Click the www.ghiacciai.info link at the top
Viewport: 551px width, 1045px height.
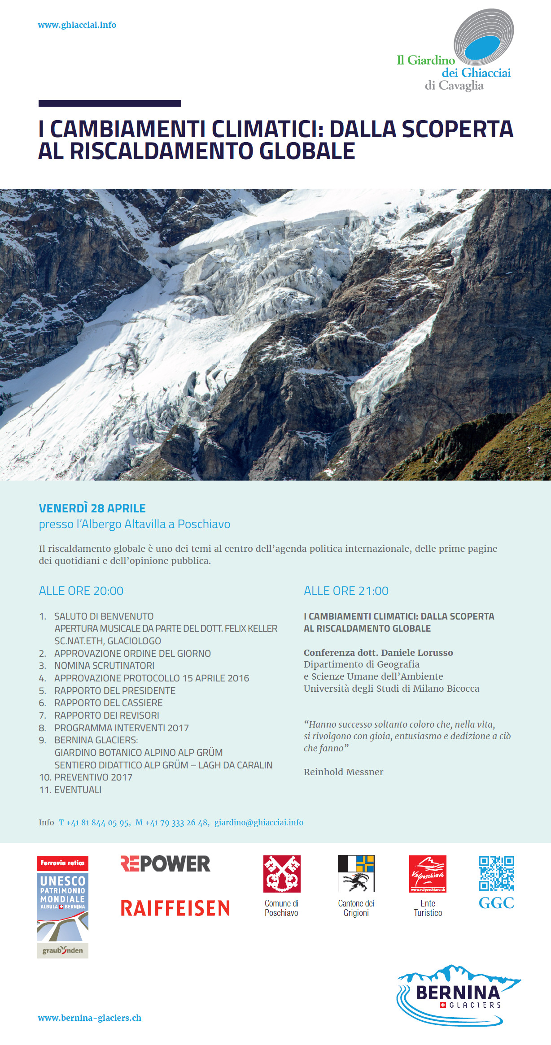coord(77,25)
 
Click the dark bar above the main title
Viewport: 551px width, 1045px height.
coord(110,104)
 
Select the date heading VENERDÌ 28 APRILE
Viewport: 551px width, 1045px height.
coord(92,508)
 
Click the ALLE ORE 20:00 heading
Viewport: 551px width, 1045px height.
coord(81,591)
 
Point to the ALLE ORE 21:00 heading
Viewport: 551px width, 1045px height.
coord(346,591)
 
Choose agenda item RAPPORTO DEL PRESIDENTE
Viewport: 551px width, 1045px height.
coord(114,690)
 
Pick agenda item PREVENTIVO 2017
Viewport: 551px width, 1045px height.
coord(93,777)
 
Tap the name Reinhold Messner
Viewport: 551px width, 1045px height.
coord(343,772)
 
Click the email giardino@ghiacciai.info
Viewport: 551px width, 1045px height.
coord(258,823)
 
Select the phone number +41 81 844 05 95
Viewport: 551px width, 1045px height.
coord(97,823)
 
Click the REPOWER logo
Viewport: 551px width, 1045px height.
coord(165,864)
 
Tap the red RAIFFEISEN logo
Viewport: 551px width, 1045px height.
coord(175,909)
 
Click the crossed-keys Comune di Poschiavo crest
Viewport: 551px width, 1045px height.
coord(282,874)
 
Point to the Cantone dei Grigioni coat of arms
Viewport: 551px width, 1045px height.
coord(356,873)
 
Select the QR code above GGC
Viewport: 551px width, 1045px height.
coord(496,873)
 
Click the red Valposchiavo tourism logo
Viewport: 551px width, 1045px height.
coord(428,874)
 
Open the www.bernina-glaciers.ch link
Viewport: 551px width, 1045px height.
coord(89,1018)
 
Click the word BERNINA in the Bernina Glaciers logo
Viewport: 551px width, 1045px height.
coord(458,993)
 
